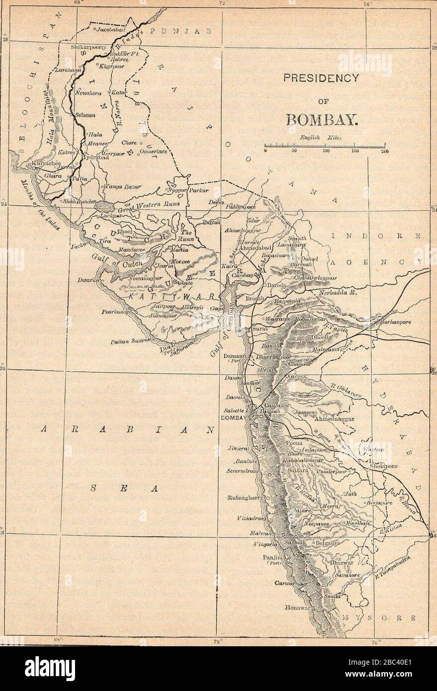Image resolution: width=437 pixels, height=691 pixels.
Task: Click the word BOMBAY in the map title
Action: coord(326,120)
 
